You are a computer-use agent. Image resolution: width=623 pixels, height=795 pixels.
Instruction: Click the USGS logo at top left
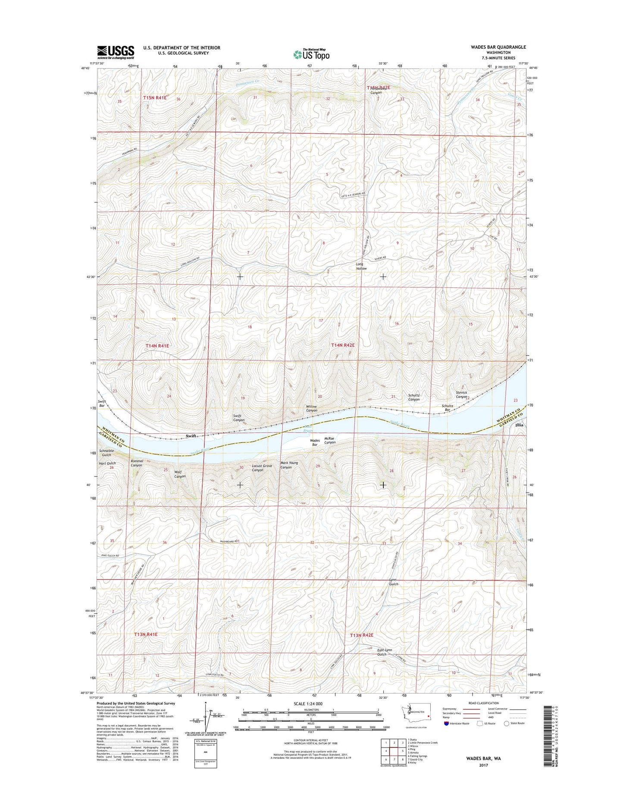(x=116, y=52)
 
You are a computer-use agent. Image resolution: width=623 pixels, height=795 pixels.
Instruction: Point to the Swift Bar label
(x=102, y=404)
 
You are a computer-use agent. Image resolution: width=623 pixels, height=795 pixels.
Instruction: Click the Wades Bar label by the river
(x=315, y=442)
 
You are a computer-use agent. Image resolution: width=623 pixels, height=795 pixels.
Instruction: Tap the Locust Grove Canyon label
(x=262, y=468)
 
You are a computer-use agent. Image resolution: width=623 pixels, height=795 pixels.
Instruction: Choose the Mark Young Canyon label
(x=289, y=465)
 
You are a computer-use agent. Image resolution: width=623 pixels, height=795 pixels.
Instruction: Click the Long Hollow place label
(x=361, y=266)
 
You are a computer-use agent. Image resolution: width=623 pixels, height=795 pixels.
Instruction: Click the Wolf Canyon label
(x=180, y=474)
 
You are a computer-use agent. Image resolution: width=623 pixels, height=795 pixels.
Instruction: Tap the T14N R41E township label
(x=157, y=346)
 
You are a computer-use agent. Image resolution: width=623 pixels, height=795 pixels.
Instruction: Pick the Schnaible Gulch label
(x=106, y=453)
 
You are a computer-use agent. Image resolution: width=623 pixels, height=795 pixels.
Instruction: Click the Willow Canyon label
(x=312, y=408)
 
